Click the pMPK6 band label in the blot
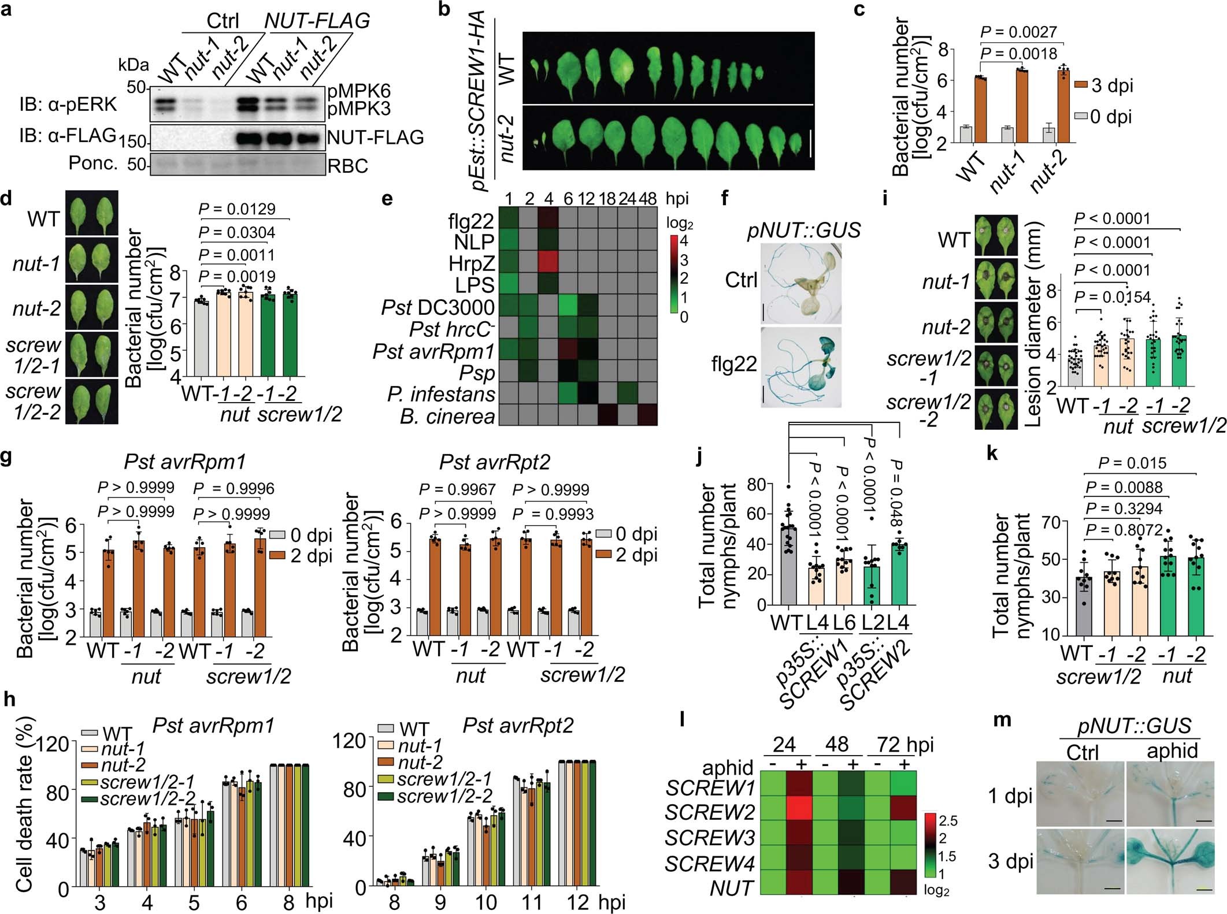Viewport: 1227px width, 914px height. pyautogui.click(x=359, y=91)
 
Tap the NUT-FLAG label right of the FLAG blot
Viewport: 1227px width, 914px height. pyautogui.click(x=375, y=138)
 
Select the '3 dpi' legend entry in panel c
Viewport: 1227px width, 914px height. pyautogui.click(x=1103, y=86)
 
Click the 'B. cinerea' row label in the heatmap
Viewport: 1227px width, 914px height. pyautogui.click(x=447, y=416)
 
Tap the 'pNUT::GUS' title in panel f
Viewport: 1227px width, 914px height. pyautogui.click(x=803, y=231)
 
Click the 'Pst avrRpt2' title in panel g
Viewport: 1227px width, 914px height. pyautogui.click(x=494, y=462)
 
